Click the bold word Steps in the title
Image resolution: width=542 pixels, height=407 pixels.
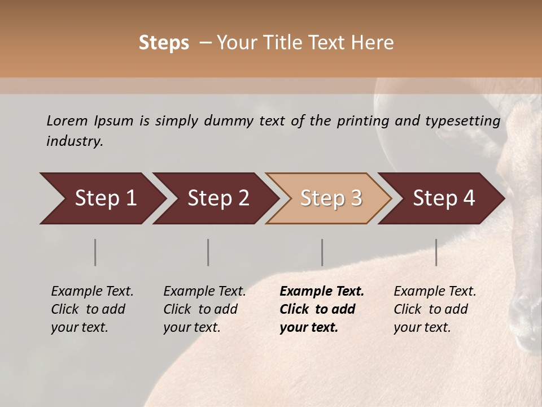click(164, 42)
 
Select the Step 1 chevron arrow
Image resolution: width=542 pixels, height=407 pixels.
click(102, 198)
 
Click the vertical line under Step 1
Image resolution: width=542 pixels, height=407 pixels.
click(95, 252)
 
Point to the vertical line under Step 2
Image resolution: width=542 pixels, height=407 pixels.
click(208, 252)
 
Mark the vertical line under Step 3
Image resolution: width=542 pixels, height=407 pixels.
click(322, 252)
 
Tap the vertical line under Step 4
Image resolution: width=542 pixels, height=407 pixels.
click(436, 252)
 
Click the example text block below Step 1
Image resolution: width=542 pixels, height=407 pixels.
click(92, 309)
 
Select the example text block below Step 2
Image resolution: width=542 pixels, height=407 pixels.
click(204, 309)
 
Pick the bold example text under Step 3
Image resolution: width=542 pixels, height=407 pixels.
click(322, 309)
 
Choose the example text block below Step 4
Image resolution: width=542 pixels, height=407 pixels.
click(435, 309)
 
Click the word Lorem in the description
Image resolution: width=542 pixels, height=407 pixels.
click(67, 121)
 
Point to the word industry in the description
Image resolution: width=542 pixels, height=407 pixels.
click(75, 141)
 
